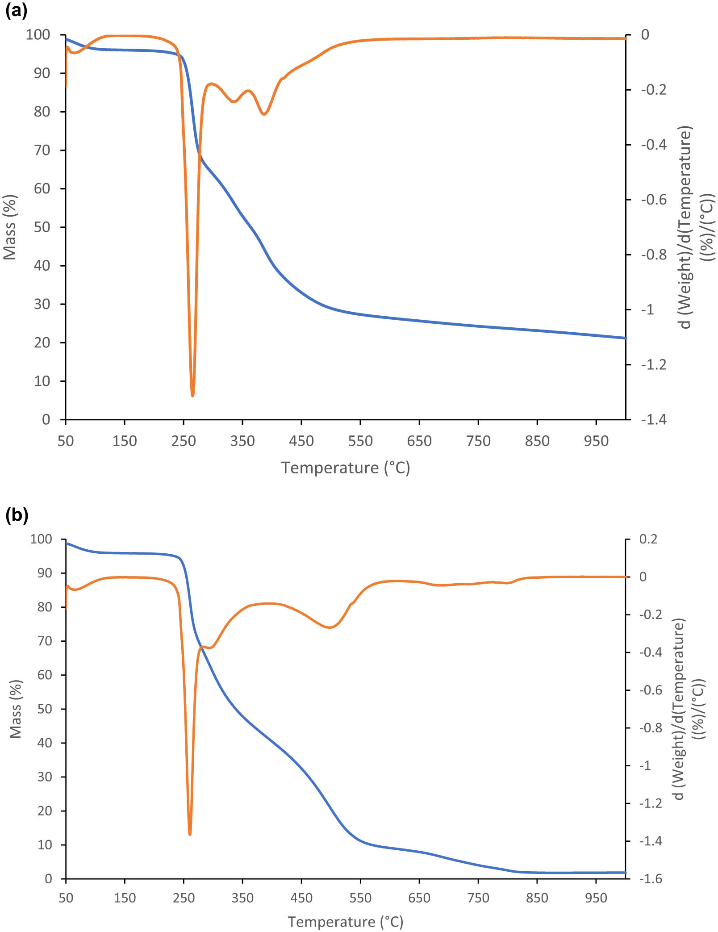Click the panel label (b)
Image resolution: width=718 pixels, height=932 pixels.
[17, 515]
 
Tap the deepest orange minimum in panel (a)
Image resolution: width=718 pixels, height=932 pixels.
[192, 395]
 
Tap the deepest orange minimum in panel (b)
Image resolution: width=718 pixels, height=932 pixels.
[190, 834]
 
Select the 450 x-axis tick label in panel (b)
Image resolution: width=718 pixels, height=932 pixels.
[301, 898]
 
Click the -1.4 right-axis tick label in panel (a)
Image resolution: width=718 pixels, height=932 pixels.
[653, 419]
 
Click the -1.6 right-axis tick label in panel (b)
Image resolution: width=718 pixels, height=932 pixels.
[651, 878]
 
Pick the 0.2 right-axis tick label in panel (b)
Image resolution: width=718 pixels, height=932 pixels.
[648, 539]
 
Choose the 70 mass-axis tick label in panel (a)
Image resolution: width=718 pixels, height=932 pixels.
[42, 150]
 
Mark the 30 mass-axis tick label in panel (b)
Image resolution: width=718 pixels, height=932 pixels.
[44, 777]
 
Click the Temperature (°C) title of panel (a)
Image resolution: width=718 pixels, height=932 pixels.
[346, 468]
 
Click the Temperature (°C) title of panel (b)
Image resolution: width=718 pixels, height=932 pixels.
[346, 922]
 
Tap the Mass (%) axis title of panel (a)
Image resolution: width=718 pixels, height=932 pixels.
[10, 227]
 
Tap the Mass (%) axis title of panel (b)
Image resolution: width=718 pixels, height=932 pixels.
[16, 709]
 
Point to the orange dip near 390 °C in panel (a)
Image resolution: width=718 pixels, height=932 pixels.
[264, 114]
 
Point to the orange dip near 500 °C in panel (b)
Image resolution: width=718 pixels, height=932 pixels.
[330, 627]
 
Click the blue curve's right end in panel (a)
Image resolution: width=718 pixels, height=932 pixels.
[625, 338]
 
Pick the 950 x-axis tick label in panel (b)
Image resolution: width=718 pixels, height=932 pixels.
[596, 898]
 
